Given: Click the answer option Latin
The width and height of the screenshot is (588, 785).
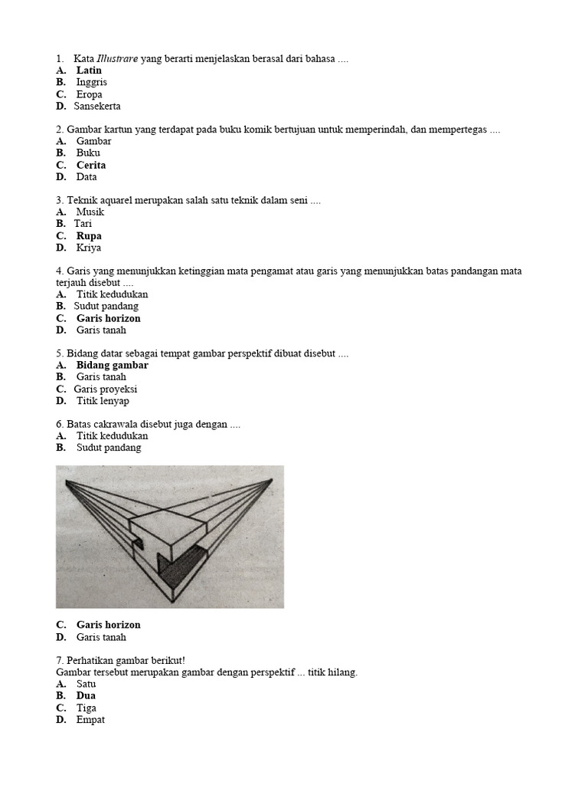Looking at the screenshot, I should [x=89, y=71].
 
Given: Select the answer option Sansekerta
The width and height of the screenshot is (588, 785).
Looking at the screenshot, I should [x=97, y=107].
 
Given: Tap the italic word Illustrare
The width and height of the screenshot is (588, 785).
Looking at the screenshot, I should [x=117, y=59].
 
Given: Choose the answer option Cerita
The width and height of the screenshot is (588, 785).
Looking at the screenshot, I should [x=91, y=165].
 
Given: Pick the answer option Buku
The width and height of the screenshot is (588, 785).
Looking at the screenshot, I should [x=88, y=153].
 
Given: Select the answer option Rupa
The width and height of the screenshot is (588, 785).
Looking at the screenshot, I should [x=89, y=236].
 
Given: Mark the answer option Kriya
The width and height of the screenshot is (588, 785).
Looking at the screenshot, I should [x=89, y=248].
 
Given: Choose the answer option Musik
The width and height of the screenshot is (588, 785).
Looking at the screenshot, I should [x=90, y=212].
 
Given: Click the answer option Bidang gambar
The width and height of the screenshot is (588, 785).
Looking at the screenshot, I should [x=112, y=365].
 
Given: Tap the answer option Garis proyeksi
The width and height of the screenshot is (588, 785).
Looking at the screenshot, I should [x=106, y=389].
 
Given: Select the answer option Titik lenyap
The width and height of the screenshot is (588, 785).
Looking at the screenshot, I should [x=103, y=401].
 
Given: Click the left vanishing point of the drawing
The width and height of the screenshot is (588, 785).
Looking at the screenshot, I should [x=67, y=481].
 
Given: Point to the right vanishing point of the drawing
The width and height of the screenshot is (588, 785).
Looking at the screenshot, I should [x=271, y=480].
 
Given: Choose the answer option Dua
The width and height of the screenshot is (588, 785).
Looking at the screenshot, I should [x=86, y=696].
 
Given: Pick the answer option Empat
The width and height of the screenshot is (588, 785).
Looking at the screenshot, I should [x=90, y=720].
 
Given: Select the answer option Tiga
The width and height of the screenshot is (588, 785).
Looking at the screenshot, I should [x=87, y=708].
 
